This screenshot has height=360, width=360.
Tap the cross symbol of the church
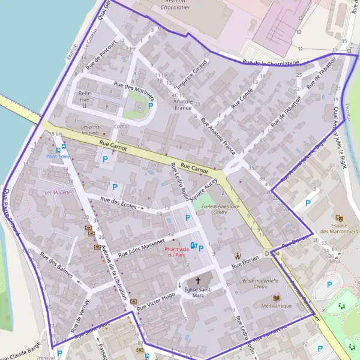pos(198,280)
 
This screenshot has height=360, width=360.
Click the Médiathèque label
pos(277,306)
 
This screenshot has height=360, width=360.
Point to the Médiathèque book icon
pos(277,298)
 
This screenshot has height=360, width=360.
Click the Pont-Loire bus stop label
pos(58,157)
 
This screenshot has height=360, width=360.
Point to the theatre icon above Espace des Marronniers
pos(339,218)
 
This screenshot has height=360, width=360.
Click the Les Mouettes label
pos(59,193)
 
